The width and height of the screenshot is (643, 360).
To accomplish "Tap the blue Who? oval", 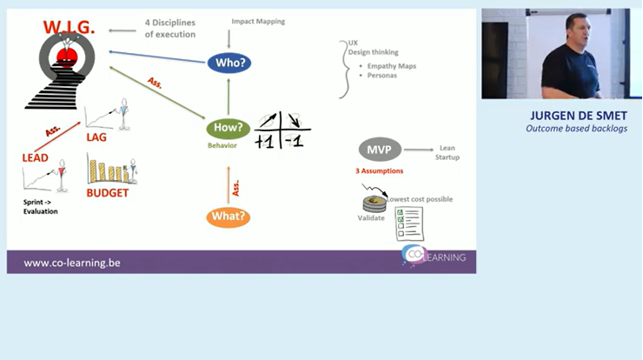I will coord(229,63).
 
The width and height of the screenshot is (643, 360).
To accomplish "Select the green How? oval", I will coord(229,128).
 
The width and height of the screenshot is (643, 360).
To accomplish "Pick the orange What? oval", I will coord(229,217).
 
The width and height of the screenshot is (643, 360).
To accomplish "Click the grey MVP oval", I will coord(379,150).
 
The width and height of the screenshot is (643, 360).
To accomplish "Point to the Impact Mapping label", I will coord(258,20).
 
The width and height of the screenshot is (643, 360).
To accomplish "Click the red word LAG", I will coord(96,137).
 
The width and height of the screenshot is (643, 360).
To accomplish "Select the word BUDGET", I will coord(108,192).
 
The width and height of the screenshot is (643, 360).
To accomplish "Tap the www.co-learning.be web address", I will coord(71,262).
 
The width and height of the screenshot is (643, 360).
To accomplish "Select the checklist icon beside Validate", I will coord(408,223).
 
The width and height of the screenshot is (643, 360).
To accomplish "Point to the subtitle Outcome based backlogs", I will coord(576,129).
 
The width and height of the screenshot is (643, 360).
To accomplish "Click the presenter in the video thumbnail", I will coord(573,57).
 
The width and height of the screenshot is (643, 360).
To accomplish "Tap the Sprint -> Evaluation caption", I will coord(41,206).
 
